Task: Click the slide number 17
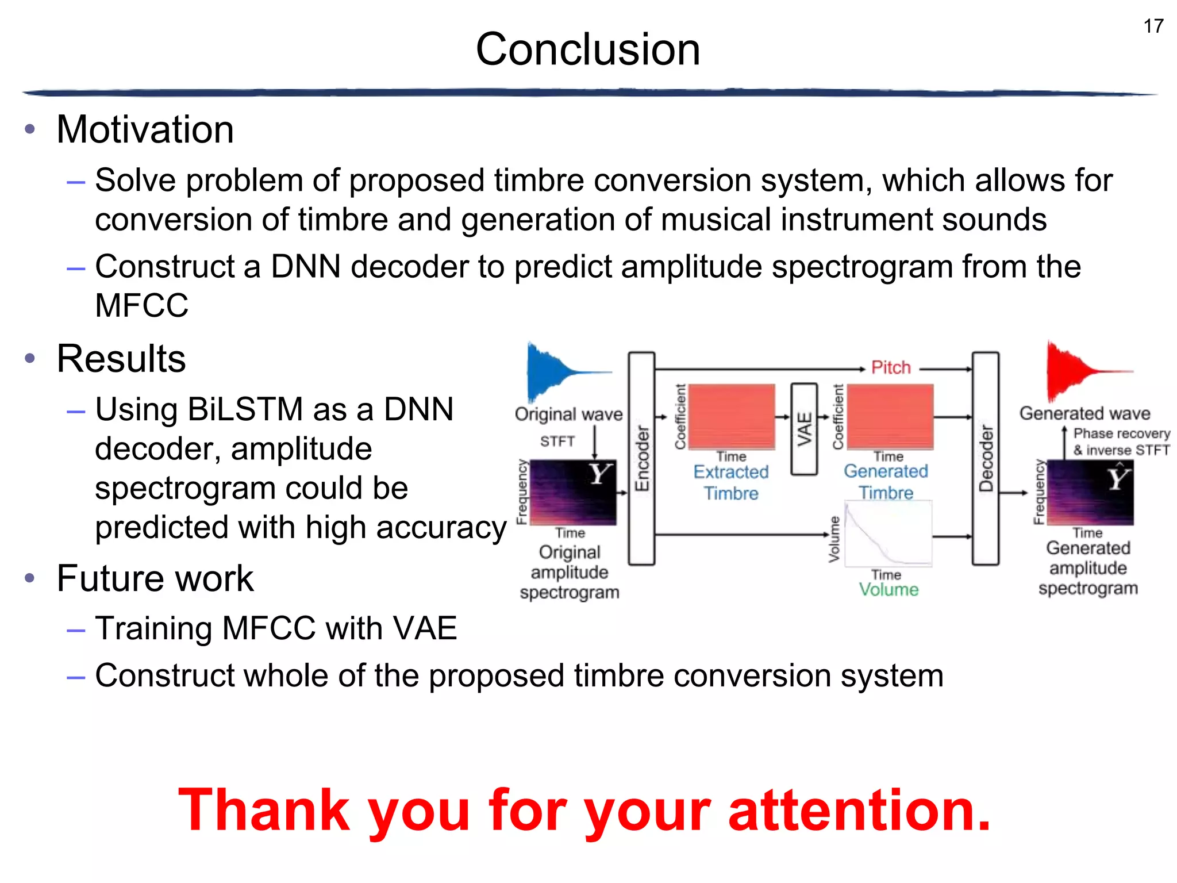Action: (1153, 26)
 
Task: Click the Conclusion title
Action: (587, 49)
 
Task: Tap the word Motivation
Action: (145, 129)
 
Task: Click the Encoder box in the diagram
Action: (641, 458)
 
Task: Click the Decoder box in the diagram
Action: (985, 458)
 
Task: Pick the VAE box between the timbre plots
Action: (804, 429)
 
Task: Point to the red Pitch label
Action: (891, 367)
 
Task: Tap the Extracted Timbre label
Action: (731, 482)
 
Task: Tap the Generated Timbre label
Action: (886, 482)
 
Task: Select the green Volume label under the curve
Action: (888, 589)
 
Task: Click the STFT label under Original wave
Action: (557, 441)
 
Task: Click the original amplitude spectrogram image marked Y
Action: (572, 492)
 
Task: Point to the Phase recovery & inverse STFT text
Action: (1121, 441)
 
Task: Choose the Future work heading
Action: (155, 578)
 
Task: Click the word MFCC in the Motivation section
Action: (141, 305)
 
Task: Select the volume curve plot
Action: (888, 534)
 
